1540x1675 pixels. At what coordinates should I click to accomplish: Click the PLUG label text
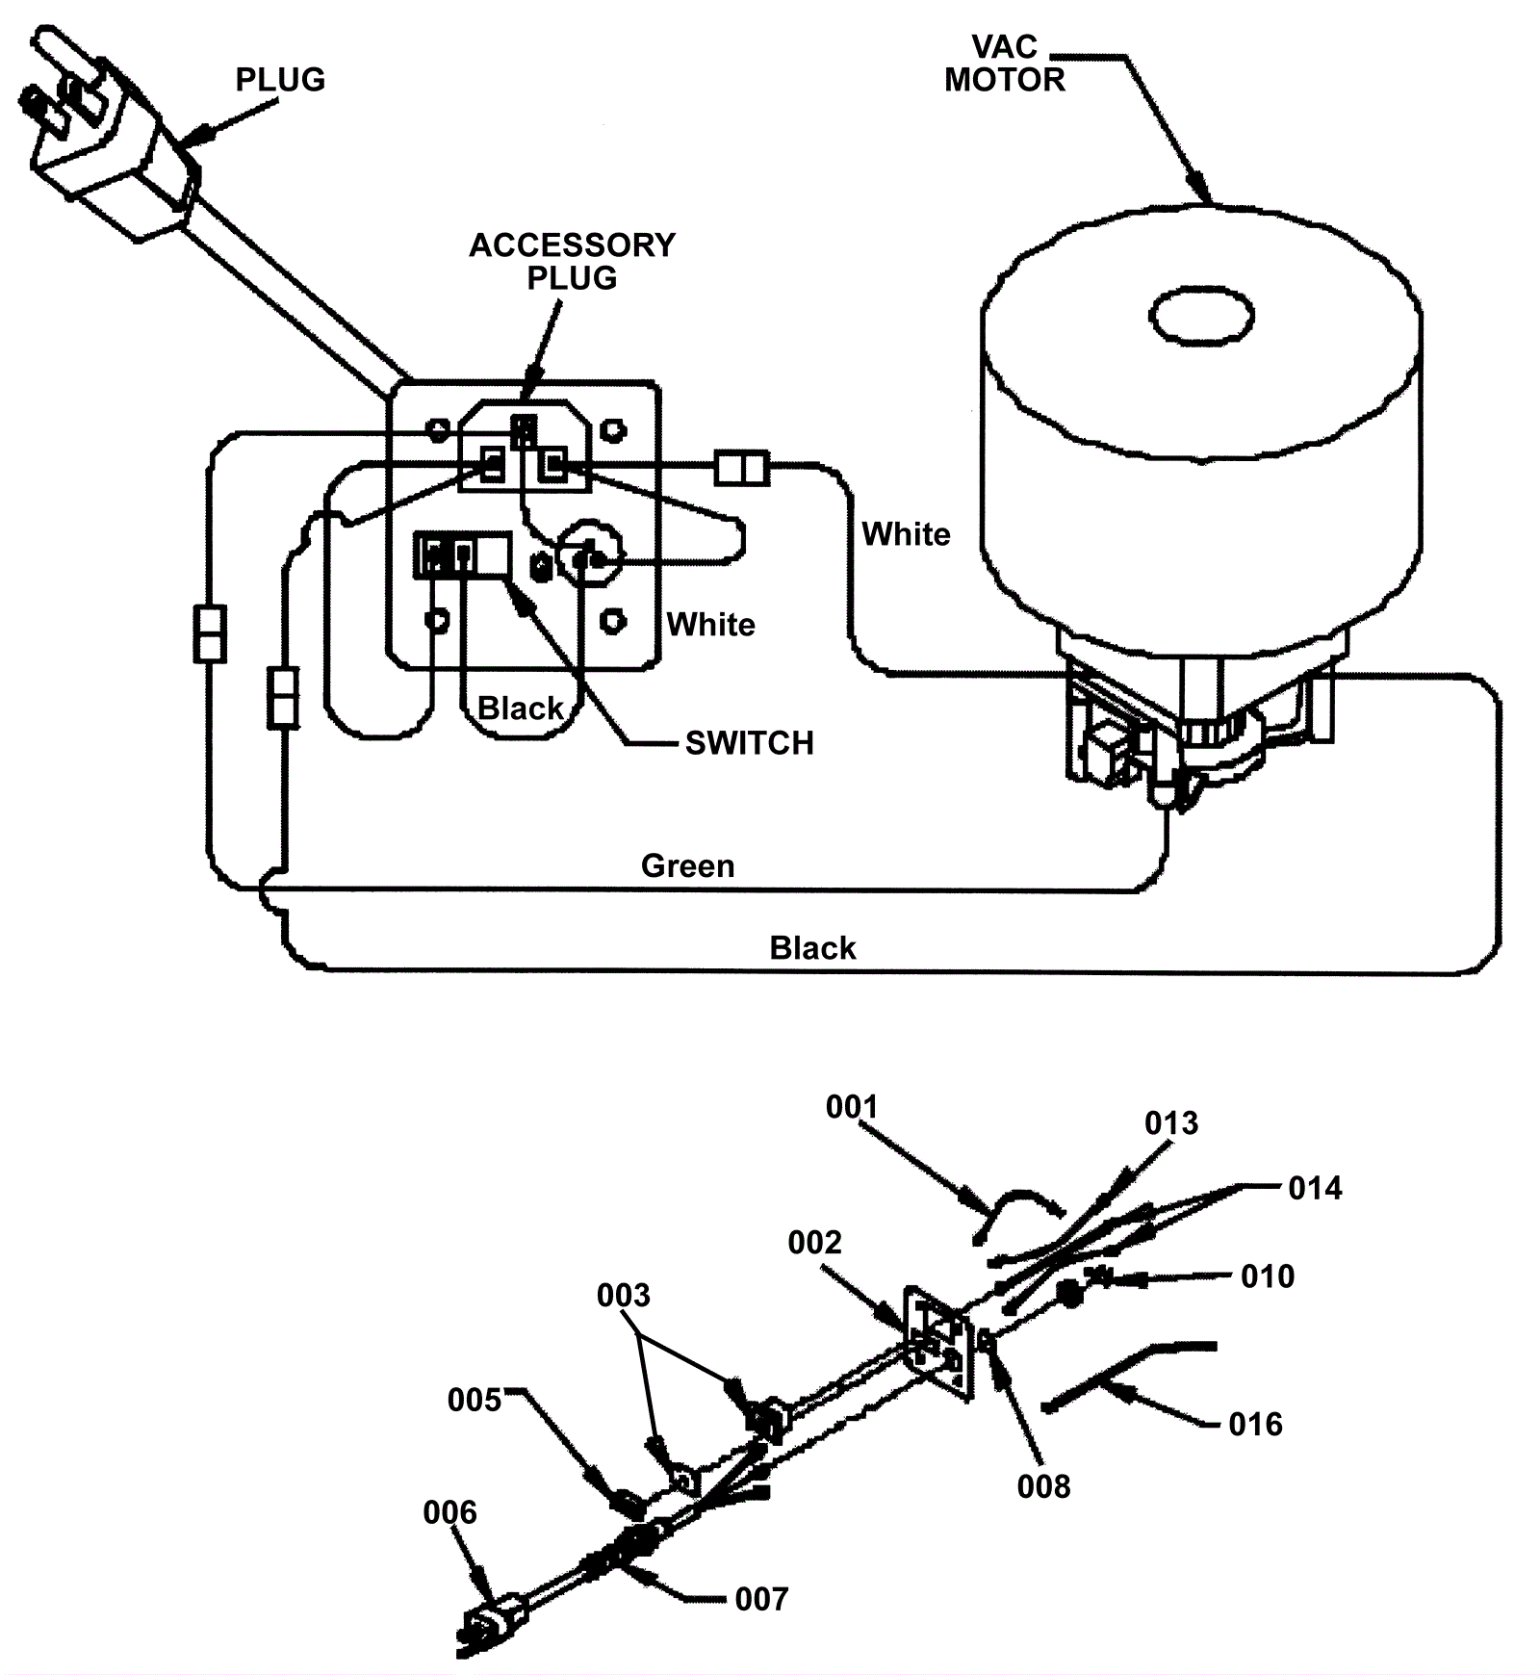pyautogui.click(x=280, y=79)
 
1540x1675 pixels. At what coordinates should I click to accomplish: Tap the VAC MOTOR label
pyautogui.click(x=1005, y=64)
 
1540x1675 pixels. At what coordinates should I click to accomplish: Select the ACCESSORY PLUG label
pyautogui.click(x=572, y=261)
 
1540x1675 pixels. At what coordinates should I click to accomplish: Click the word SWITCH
pyautogui.click(x=749, y=743)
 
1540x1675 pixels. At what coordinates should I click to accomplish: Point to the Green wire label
pyautogui.click(x=687, y=866)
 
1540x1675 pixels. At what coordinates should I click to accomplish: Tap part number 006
pyautogui.click(x=449, y=1512)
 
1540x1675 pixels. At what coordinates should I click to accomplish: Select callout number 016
pyautogui.click(x=1255, y=1424)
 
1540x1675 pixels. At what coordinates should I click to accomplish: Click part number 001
pyautogui.click(x=852, y=1107)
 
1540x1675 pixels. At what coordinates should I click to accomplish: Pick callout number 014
pyautogui.click(x=1315, y=1188)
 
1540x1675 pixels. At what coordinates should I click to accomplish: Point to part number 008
pyautogui.click(x=1043, y=1486)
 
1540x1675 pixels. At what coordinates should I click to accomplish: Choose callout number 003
pyautogui.click(x=623, y=1295)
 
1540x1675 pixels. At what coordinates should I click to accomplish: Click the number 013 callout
pyautogui.click(x=1171, y=1122)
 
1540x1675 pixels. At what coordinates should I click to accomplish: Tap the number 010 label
pyautogui.click(x=1268, y=1276)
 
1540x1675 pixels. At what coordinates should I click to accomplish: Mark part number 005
pyautogui.click(x=475, y=1399)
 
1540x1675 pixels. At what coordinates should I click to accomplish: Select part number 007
pyautogui.click(x=761, y=1599)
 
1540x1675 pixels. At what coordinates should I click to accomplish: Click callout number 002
pyautogui.click(x=814, y=1242)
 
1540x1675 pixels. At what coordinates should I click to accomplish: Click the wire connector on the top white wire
pyautogui.click(x=742, y=469)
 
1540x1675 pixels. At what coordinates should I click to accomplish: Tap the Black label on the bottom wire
pyautogui.click(x=812, y=948)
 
